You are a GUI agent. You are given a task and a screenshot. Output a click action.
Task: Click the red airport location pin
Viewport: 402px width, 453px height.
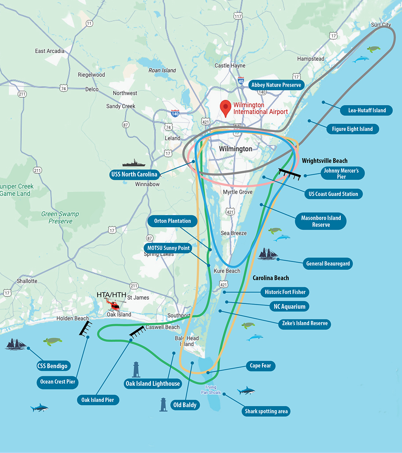click(225, 107)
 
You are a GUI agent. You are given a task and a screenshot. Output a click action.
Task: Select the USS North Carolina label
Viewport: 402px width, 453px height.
click(134, 174)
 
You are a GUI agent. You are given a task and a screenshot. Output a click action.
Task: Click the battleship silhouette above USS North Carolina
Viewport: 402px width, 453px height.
click(134, 163)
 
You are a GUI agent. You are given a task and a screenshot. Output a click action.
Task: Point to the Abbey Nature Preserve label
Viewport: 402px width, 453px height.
click(276, 85)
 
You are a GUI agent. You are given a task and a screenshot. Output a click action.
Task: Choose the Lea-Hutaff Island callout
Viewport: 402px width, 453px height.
click(367, 110)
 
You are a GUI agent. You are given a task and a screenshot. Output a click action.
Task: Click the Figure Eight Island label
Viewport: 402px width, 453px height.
click(352, 129)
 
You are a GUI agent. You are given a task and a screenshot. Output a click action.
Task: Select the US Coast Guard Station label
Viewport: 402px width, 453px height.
click(333, 194)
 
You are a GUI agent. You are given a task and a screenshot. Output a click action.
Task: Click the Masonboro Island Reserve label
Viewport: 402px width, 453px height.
click(321, 221)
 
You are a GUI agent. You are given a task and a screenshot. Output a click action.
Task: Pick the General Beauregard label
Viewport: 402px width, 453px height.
click(328, 264)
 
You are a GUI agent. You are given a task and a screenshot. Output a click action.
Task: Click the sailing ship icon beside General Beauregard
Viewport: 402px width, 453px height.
click(268, 254)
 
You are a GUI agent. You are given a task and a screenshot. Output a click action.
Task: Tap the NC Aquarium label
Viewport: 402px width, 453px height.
click(289, 306)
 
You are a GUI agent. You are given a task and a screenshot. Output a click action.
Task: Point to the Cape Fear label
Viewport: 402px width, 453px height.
click(260, 366)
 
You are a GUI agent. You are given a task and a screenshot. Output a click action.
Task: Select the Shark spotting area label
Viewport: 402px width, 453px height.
click(266, 411)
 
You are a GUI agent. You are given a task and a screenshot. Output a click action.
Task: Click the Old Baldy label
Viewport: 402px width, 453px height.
click(185, 405)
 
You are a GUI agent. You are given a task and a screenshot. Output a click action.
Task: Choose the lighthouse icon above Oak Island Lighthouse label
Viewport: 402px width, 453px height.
click(136, 370)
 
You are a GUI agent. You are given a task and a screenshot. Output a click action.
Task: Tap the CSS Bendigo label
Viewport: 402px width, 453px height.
click(53, 366)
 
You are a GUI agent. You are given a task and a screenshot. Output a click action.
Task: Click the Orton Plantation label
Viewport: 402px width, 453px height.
click(172, 221)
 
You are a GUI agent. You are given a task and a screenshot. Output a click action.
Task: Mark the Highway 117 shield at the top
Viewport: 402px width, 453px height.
click(238, 16)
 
